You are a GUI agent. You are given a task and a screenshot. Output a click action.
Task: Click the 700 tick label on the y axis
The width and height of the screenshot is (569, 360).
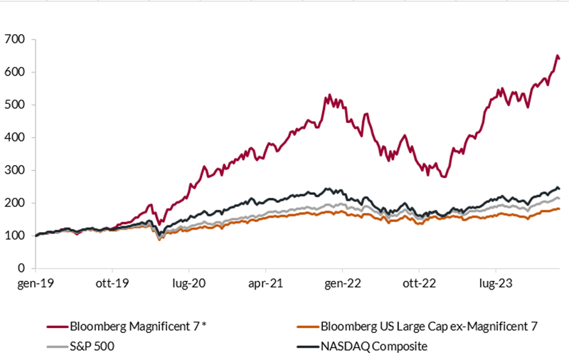pyautogui.click(x=16, y=39)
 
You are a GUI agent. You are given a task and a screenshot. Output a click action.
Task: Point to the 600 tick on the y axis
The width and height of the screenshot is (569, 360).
pyautogui.click(x=16, y=72)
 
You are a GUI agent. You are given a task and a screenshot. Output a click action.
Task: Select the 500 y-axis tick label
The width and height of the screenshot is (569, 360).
pyautogui.click(x=16, y=105)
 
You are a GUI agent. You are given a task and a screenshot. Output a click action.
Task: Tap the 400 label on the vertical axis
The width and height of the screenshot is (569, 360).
pyautogui.click(x=16, y=137)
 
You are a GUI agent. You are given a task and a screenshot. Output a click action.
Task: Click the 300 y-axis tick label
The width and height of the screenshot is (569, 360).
pyautogui.click(x=16, y=170)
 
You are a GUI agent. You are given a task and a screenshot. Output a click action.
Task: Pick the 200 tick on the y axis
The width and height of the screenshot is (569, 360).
pyautogui.click(x=16, y=203)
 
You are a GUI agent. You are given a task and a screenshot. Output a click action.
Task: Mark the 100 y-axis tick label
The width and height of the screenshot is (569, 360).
pyautogui.click(x=16, y=235)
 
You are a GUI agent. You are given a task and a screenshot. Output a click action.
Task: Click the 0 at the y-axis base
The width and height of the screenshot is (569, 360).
pyautogui.click(x=23, y=269)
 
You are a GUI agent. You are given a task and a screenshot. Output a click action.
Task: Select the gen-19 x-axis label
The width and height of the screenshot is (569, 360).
pyautogui.click(x=36, y=284)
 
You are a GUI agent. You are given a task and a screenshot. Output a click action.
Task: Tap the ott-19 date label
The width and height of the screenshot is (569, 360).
pyautogui.click(x=112, y=284)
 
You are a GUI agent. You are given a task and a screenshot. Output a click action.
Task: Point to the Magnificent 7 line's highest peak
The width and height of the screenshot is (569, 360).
pyautogui.click(x=556, y=55)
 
